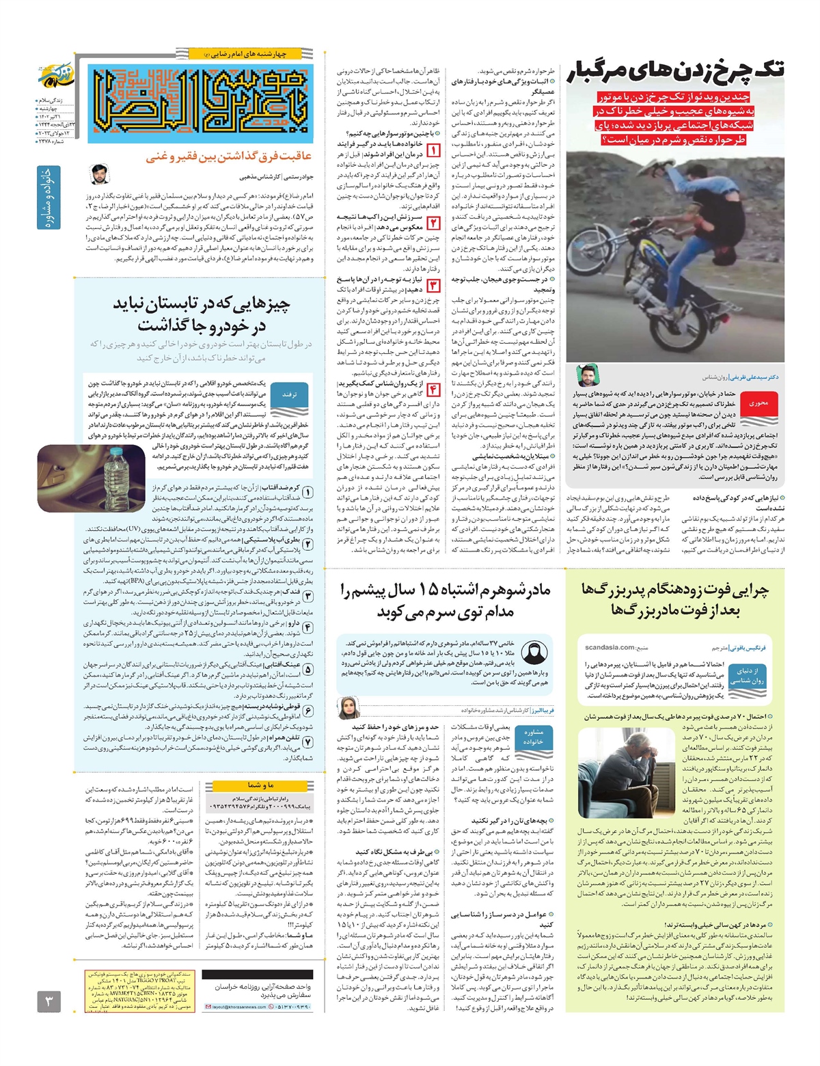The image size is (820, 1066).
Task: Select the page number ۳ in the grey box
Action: [x=49, y=1002]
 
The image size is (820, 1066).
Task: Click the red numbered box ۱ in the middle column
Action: [x=433, y=150]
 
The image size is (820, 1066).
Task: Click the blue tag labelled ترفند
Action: [x=290, y=395]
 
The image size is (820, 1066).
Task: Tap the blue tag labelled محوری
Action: [x=759, y=403]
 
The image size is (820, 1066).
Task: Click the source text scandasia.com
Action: [x=610, y=646]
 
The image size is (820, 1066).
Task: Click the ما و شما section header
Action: [x=260, y=785]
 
